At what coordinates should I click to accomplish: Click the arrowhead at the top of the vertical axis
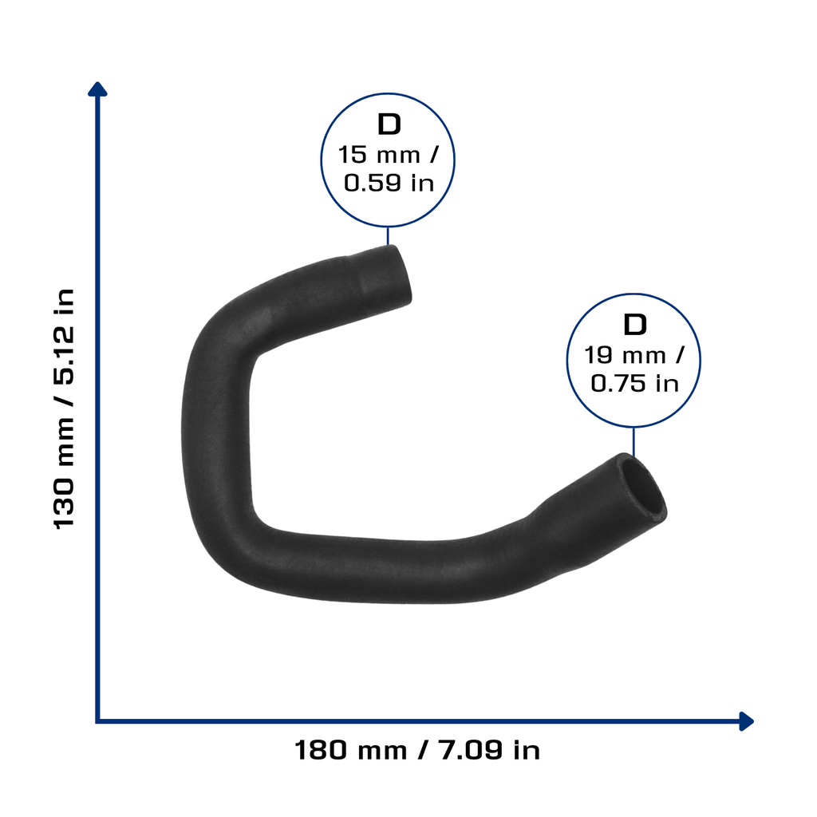pos(97,89)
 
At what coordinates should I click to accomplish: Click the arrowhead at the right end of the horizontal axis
pos(747,721)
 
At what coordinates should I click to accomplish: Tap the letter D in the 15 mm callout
pos(389,124)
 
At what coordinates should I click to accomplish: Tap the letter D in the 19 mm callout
pos(634,325)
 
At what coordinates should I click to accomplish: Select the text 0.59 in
pos(389,183)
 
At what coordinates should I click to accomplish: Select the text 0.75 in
pos(634,384)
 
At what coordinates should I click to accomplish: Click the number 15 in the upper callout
pos(353,155)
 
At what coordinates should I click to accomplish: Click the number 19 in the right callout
pos(598,355)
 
